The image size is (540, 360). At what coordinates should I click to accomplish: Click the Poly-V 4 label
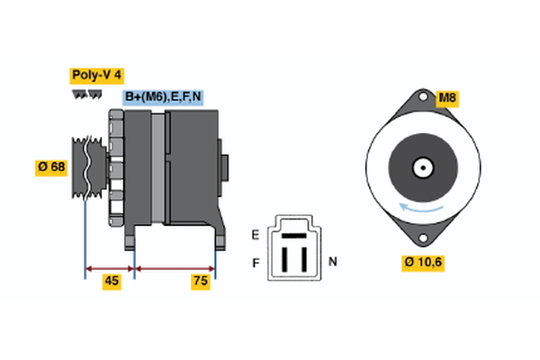(x=95, y=75)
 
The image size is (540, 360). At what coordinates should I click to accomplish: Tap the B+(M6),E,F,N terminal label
(x=162, y=97)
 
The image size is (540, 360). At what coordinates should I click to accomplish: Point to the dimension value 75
(x=200, y=282)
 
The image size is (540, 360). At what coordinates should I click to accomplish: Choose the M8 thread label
(x=448, y=97)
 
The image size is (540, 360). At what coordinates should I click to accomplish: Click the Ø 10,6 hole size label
(x=423, y=262)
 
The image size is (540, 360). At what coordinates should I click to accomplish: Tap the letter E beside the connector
(x=255, y=235)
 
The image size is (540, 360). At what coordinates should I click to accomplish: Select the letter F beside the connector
(x=255, y=264)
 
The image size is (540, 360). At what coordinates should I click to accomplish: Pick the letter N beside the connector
(x=332, y=262)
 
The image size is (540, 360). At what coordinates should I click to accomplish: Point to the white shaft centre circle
(x=421, y=166)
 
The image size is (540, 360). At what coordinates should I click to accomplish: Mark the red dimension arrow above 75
(x=175, y=267)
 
